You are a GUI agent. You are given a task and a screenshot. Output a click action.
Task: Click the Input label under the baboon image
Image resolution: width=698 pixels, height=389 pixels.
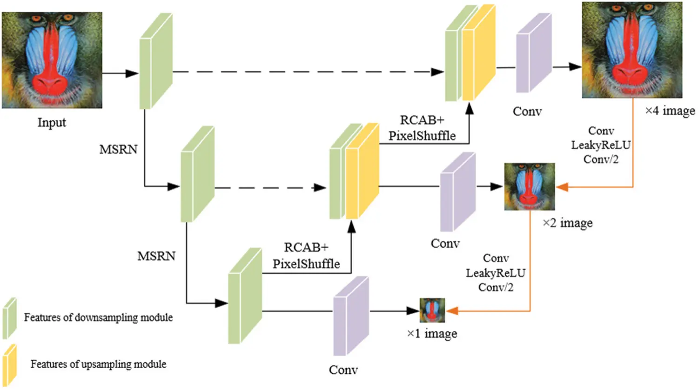(52, 122)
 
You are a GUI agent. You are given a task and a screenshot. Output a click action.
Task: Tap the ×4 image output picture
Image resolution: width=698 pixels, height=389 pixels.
(632, 50)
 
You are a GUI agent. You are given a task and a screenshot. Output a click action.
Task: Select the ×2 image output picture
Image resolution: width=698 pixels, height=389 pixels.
(530, 186)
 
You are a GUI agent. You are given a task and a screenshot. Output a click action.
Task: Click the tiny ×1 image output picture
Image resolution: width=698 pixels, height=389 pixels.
(432, 310)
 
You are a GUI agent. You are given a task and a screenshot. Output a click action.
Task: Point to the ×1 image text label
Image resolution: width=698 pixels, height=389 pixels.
(432, 334)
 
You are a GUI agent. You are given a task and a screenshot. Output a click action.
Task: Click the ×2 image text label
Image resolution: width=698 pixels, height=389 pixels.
(567, 223)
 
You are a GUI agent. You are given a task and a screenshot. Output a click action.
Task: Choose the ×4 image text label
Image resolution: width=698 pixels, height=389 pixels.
(670, 111)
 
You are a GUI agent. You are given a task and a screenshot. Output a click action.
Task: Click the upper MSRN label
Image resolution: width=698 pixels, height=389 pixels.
(118, 150)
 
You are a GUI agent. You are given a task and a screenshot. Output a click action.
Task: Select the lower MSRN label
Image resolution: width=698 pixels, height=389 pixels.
(156, 256)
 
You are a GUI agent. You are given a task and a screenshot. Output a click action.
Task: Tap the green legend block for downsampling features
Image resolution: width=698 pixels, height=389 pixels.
(9, 318)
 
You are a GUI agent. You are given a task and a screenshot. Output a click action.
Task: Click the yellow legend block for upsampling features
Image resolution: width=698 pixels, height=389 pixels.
(9, 364)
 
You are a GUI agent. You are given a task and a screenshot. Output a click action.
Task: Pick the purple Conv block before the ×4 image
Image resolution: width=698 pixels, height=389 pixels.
(533, 53)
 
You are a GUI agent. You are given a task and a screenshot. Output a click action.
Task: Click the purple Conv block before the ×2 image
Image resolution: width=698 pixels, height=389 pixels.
(457, 192)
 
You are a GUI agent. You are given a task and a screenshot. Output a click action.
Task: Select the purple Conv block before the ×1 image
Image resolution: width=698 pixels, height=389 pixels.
(350, 316)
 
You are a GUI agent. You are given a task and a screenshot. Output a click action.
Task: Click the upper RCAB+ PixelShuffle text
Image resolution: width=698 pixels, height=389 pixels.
(422, 128)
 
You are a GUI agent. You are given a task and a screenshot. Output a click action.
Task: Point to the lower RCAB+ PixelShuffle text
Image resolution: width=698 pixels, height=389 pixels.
(306, 256)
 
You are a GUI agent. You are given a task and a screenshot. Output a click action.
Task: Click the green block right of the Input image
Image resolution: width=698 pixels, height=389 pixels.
(156, 61)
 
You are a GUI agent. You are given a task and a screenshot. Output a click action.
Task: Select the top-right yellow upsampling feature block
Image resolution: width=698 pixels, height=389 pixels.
(478, 53)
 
